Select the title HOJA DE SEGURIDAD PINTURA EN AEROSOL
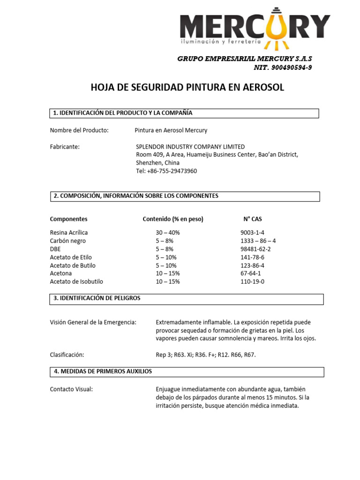pyautogui.click(x=187, y=88)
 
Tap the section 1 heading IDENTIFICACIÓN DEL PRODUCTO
pyautogui.click(x=123, y=113)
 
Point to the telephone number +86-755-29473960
pyautogui.click(x=166, y=171)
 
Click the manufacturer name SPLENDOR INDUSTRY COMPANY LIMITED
pyautogui.click(x=190, y=147)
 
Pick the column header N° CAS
pyautogui.click(x=252, y=219)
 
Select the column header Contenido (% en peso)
pyautogui.click(x=173, y=219)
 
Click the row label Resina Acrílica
pyautogui.click(x=69, y=232)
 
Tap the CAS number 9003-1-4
pyautogui.click(x=252, y=232)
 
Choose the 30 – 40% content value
pyautogui.click(x=168, y=232)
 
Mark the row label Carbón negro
pyautogui.click(x=68, y=241)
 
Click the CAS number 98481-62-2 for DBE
pyautogui.click(x=255, y=249)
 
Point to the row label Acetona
pyautogui.click(x=61, y=273)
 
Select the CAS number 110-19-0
pyautogui.click(x=252, y=282)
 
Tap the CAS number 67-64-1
pyautogui.click(x=251, y=273)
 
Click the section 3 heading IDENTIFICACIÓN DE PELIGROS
pyautogui.click(x=97, y=298)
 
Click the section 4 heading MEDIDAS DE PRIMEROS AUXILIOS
pyautogui.click(x=103, y=371)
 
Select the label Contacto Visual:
pyautogui.click(x=71, y=390)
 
